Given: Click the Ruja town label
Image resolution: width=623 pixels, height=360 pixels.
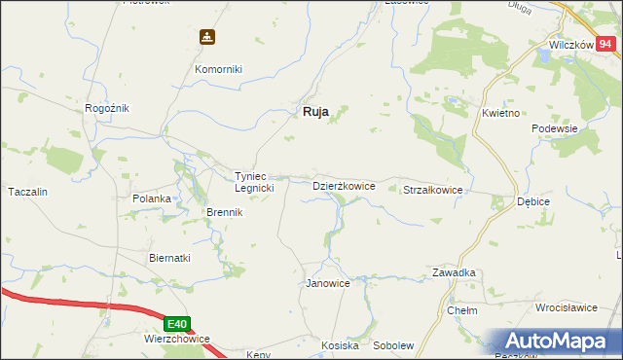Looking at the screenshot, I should coord(311,112).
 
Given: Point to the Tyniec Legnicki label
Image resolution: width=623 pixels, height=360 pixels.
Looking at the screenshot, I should coord(254,182).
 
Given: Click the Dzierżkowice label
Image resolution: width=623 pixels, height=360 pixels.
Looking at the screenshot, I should coord(344,185).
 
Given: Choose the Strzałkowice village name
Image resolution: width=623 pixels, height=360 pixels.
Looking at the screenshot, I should coord(432,191).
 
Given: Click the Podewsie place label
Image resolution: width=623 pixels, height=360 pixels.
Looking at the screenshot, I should coord(555,128).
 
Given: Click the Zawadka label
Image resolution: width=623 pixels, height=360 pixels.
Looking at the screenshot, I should coord(454,273).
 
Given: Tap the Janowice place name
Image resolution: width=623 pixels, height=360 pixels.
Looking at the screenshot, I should coord(328,283).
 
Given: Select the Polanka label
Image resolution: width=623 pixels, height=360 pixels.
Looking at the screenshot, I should coord(152,198).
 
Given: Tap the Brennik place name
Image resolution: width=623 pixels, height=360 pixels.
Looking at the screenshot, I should coord(223,212).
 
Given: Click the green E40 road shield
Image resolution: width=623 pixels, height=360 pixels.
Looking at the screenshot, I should coord(176,324).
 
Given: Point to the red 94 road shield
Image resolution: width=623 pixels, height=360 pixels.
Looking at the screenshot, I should coord(605,43).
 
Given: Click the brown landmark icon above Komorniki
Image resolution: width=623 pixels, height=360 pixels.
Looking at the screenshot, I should coord(206,38).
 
